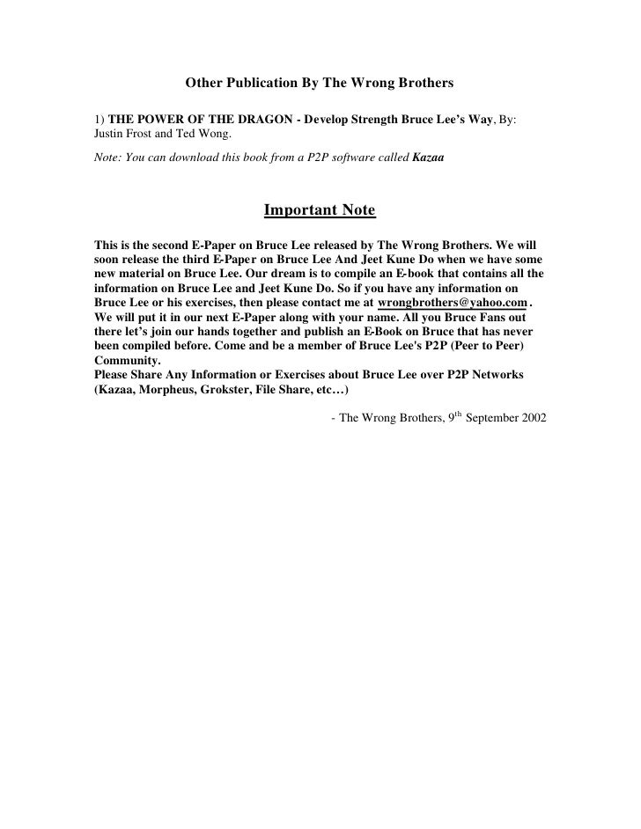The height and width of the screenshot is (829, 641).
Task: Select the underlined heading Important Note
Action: pyautogui.click(x=320, y=211)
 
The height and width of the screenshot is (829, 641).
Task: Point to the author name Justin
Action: pyautogui.click(x=109, y=134)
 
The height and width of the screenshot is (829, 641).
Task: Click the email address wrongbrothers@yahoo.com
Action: pyautogui.click(x=452, y=302)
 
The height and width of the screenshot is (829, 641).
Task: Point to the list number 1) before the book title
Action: pyautogui.click(x=99, y=119)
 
